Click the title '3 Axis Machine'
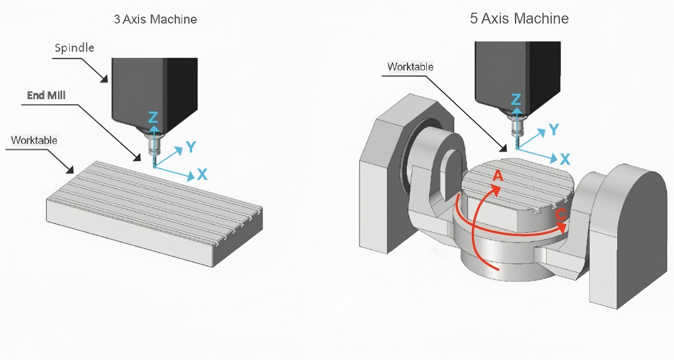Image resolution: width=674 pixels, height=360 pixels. click(x=155, y=19)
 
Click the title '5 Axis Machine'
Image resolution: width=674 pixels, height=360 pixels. click(x=519, y=19)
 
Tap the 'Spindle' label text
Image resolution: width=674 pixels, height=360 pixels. click(x=74, y=48)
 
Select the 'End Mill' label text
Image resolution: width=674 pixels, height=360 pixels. click(x=46, y=95)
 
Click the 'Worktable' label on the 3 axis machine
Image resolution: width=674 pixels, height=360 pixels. click(x=34, y=140)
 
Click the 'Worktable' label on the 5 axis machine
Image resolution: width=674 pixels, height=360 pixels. click(x=410, y=67)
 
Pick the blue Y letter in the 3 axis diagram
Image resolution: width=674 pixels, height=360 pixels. click(x=192, y=147)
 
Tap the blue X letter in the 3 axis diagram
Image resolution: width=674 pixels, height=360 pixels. click(x=202, y=174)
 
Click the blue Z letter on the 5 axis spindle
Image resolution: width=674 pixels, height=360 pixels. click(x=515, y=100)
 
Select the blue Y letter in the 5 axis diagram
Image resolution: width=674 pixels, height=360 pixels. click(x=553, y=130)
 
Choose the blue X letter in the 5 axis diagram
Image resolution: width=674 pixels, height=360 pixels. click(x=565, y=158)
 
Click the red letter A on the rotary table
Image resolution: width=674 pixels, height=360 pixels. click(x=497, y=176)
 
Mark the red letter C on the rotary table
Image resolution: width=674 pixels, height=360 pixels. click(x=560, y=214)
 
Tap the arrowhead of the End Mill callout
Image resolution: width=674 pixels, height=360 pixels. click(x=136, y=158)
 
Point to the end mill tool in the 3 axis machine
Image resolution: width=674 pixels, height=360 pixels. click(x=154, y=153)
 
